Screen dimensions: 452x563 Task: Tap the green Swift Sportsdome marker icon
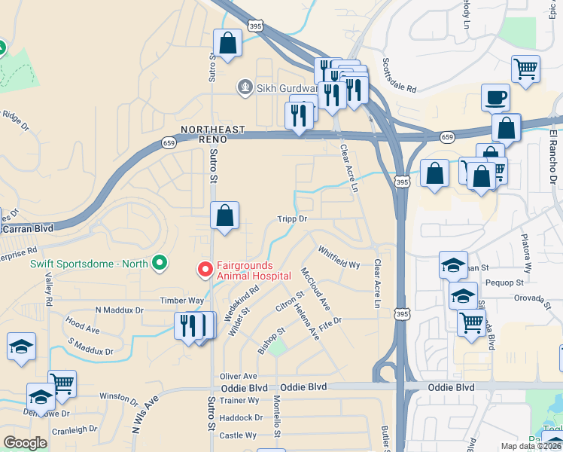[x=159, y=263]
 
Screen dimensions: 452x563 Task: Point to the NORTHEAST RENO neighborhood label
[x=212, y=134]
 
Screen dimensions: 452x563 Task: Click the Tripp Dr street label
[x=294, y=218]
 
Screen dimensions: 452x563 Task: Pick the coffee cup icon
[x=495, y=97]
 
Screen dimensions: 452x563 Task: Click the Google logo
[x=25, y=443]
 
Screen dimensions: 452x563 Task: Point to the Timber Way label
[x=181, y=300]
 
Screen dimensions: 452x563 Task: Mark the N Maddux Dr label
[x=119, y=310]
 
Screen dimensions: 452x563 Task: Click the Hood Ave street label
[x=83, y=325]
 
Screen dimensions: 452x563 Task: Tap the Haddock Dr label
[x=242, y=417]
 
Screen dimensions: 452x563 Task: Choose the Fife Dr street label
[x=330, y=321]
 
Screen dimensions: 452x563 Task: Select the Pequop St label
[x=504, y=282]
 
